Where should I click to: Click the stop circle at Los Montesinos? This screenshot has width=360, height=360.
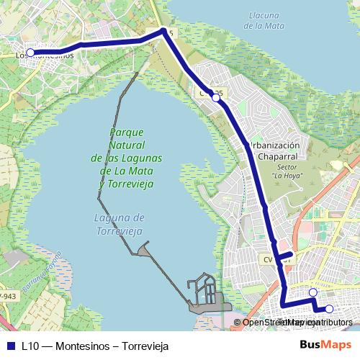[31, 53]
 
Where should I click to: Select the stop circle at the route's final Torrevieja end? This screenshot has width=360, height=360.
[330, 309]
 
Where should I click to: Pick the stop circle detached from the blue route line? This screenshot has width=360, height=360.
[312, 292]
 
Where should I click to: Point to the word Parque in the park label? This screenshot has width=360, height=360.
[127, 132]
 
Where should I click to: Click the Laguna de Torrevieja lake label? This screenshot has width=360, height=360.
[120, 224]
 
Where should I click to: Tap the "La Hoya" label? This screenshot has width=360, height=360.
[288, 174]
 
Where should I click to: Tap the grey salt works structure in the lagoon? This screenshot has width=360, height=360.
[205, 295]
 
